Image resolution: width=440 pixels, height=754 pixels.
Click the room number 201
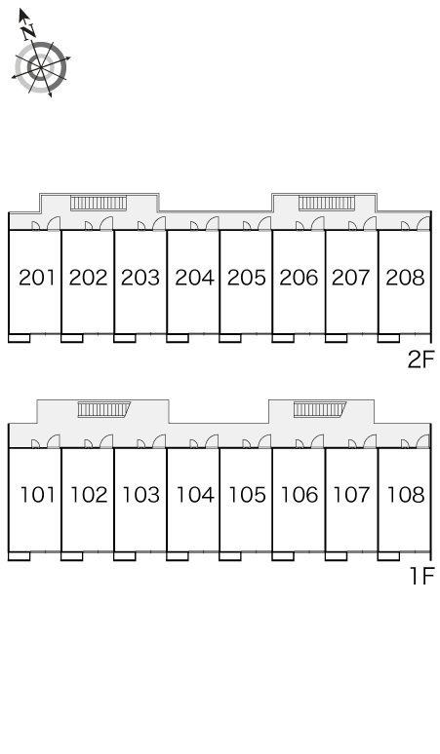click(x=37, y=278)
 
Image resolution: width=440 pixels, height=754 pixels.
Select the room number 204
click(x=194, y=278)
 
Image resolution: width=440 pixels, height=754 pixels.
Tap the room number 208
click(x=405, y=278)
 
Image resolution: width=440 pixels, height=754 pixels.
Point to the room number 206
click(x=299, y=278)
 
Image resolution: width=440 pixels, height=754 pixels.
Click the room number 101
click(x=37, y=495)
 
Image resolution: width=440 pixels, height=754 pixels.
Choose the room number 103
click(x=141, y=495)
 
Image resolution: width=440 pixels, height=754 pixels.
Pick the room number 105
click(x=247, y=495)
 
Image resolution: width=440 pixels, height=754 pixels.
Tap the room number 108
click(x=406, y=495)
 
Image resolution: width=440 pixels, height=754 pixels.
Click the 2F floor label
click(x=421, y=359)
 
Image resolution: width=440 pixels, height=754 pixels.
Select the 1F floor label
click(x=422, y=576)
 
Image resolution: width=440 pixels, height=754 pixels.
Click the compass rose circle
click(x=41, y=67)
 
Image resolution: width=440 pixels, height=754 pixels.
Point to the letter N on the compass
click(x=29, y=32)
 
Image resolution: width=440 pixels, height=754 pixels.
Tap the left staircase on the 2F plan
click(x=99, y=203)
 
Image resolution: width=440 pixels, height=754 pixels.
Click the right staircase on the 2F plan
click(x=327, y=203)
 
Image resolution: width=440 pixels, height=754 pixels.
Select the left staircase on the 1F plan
click(x=104, y=409)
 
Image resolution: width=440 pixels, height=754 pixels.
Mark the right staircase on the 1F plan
click(x=320, y=409)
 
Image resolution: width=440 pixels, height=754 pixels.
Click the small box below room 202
click(x=72, y=339)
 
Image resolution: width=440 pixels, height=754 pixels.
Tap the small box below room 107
click(x=336, y=556)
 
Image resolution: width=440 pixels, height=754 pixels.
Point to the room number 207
click(x=351, y=278)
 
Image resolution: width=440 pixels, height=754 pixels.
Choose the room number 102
click(x=89, y=495)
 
